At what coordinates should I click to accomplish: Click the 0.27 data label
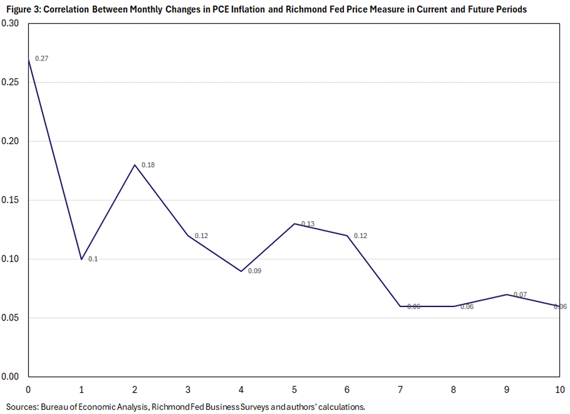click(x=41, y=58)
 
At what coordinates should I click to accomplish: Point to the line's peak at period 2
click(x=134, y=164)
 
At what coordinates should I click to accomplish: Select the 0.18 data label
click(x=149, y=164)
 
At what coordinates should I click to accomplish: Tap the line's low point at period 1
click(x=81, y=259)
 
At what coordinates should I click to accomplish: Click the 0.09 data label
click(x=254, y=270)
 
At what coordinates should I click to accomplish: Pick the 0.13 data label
click(x=307, y=224)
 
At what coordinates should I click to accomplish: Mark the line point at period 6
click(x=347, y=235)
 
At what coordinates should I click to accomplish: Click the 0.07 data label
click(x=520, y=294)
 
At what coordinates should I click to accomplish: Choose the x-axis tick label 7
click(x=400, y=389)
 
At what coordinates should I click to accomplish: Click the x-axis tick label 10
click(x=559, y=389)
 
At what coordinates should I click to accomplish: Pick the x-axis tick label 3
click(x=187, y=389)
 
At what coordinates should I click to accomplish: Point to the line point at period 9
click(x=506, y=294)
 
